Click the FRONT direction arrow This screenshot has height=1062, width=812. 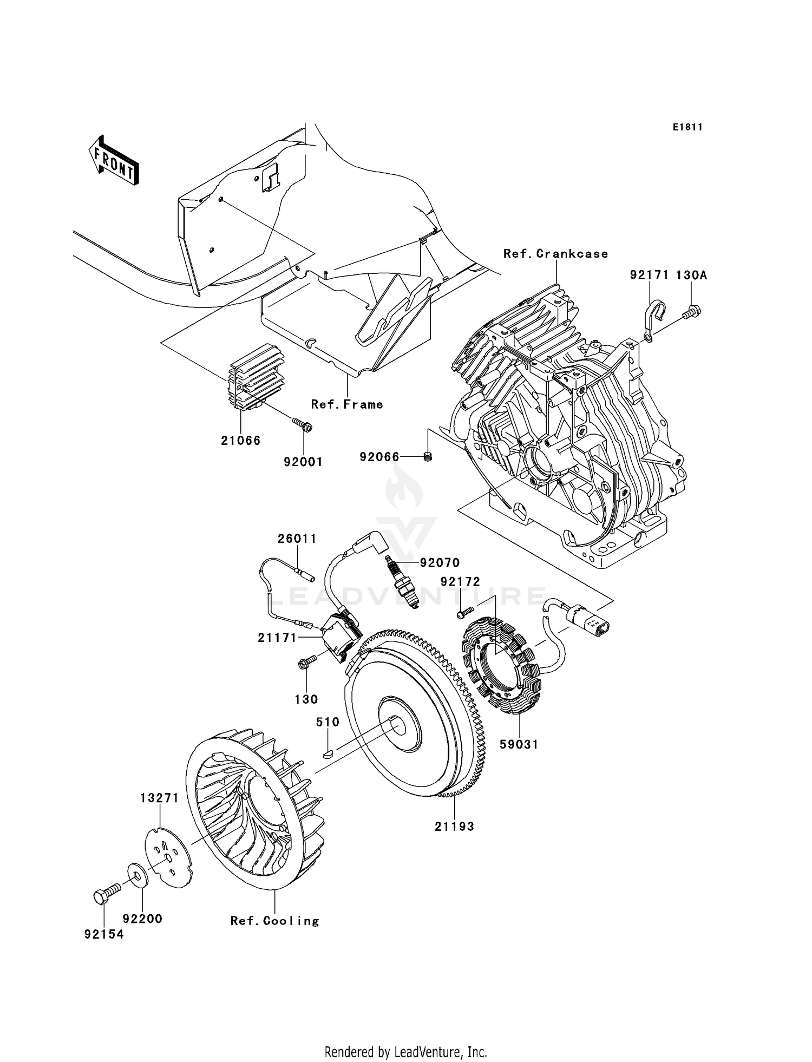114,162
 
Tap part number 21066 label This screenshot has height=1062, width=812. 240,441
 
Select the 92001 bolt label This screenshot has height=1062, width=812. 303,462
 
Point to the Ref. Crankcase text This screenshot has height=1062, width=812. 555,254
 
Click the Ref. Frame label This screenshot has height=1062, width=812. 347,404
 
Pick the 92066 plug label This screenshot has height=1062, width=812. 379,457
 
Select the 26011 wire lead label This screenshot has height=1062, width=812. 297,539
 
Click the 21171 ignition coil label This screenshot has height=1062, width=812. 277,638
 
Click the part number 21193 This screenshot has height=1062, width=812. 454,827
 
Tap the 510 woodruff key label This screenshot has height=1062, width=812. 328,722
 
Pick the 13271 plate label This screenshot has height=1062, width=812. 159,798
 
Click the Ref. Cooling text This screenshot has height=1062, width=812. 274,921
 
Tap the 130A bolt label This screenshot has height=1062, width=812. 691,275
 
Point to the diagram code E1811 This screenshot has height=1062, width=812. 687,127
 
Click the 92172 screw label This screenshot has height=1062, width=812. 460,582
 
